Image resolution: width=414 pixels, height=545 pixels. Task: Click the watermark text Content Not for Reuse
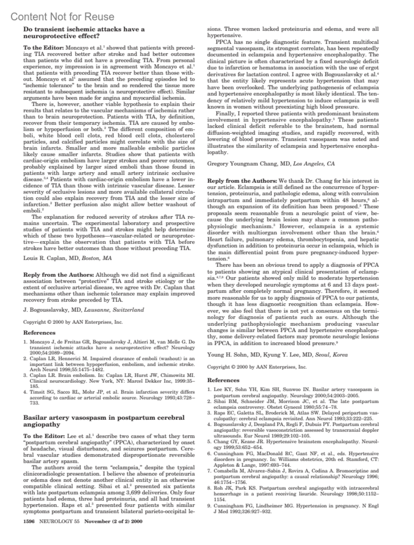pyautogui.click(x=62, y=17)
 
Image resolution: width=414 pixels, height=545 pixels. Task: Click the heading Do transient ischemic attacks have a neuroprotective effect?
pyautogui.click(x=84, y=32)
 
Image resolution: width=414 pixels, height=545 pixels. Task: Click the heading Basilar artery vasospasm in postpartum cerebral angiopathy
pyautogui.click(x=103, y=421)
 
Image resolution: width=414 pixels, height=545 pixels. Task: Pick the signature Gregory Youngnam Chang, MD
pyautogui.click(x=249, y=164)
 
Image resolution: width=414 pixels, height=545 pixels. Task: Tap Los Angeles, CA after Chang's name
pyautogui.click(x=314, y=164)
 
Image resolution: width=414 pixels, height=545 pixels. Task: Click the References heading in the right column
pyautogui.click(x=223, y=380)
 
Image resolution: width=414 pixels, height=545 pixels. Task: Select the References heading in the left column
pyautogui.click(x=39, y=333)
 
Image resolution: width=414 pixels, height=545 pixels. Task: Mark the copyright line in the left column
pyautogui.click(x=73, y=322)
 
